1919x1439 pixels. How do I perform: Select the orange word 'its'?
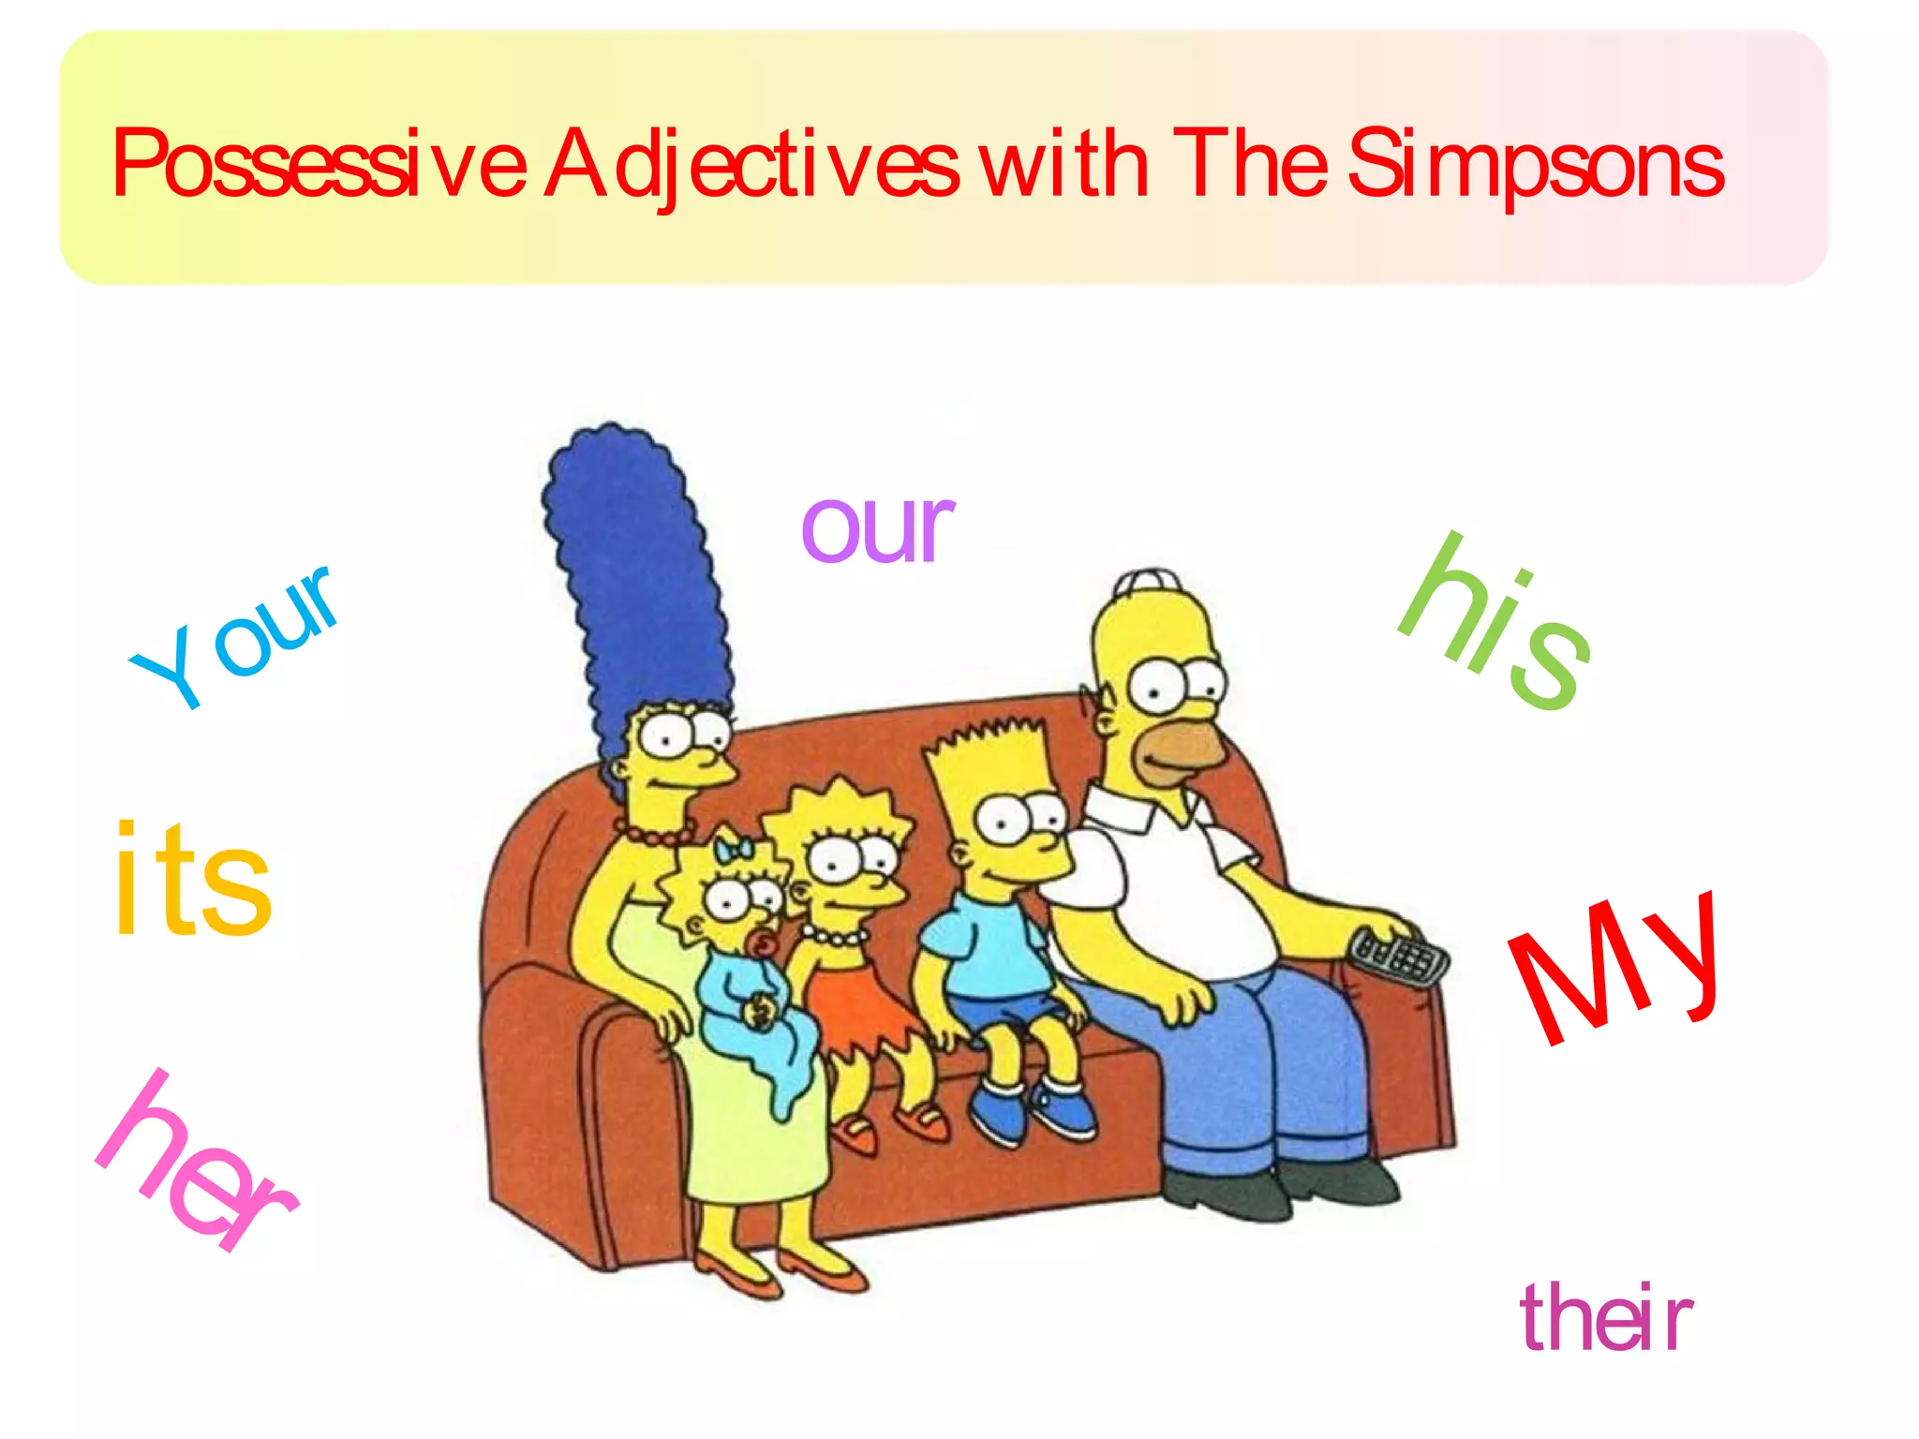[x=193, y=881]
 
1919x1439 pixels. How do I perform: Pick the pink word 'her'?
[x=197, y=1162]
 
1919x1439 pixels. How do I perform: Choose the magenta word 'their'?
[x=1606, y=1319]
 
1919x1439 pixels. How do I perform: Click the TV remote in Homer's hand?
[x=1399, y=956]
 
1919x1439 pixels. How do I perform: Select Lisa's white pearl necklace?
[x=834, y=935]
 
